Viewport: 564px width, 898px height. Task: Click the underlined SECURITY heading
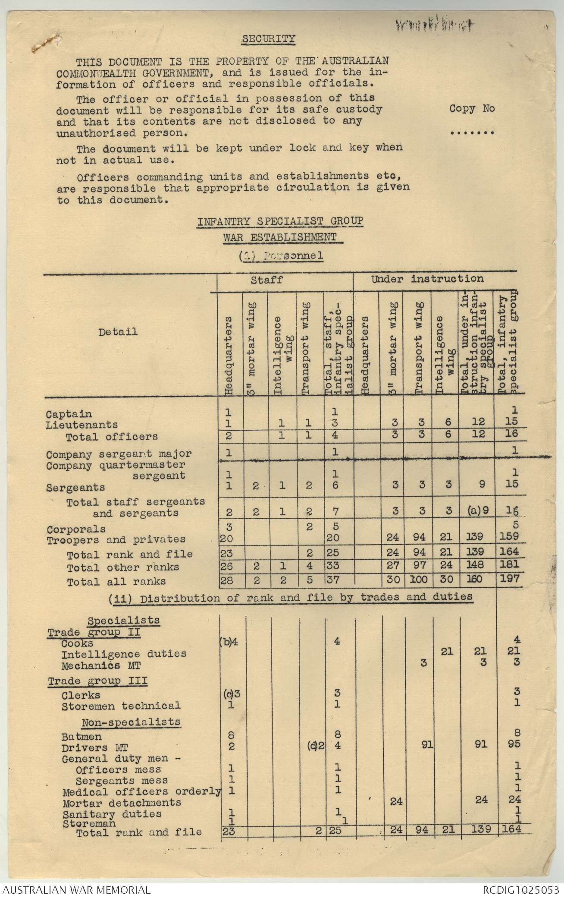268,39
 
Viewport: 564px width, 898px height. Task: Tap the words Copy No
472,108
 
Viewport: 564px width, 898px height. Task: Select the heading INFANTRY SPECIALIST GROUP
280,221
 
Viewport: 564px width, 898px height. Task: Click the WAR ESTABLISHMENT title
280,237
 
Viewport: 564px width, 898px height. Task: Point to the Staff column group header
273,280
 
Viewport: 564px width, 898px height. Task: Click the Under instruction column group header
427,279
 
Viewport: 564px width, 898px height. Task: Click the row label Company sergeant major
119,454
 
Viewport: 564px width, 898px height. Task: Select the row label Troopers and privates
116,539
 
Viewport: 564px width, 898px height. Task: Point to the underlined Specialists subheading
123,621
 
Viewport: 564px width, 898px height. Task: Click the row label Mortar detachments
122,803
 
